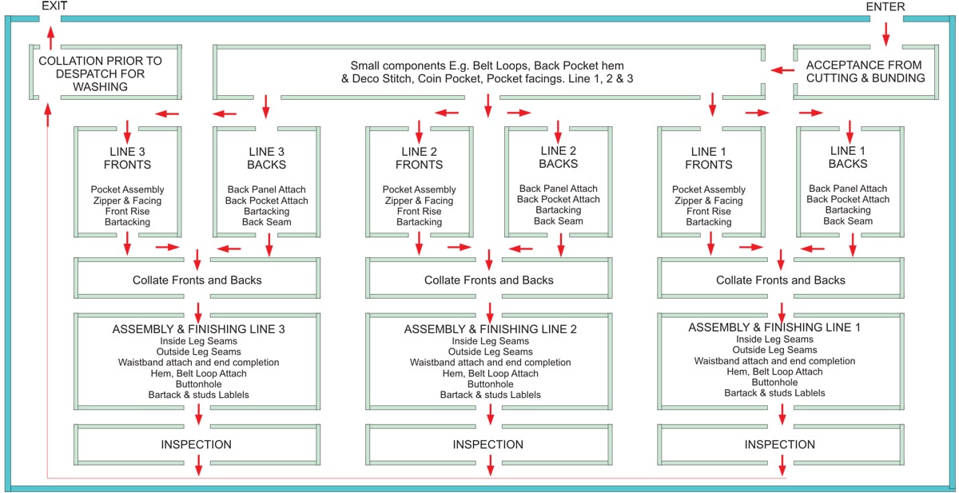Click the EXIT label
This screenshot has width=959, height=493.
[x=54, y=6]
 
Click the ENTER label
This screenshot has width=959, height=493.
[x=885, y=6]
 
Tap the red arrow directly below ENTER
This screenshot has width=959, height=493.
[x=885, y=34]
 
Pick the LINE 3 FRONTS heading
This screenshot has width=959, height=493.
[x=127, y=158]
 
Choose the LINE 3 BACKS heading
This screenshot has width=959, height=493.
[x=266, y=158]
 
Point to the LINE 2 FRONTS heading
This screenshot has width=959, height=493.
[x=419, y=158]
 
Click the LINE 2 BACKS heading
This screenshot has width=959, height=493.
[x=559, y=157]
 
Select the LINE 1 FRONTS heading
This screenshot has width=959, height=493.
[x=709, y=158]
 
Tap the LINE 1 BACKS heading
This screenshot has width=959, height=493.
[x=848, y=157]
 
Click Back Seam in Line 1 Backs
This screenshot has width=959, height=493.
[x=848, y=221]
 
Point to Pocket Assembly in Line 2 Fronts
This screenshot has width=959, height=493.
[x=419, y=189]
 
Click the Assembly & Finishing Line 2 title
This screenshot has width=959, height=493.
[x=490, y=328]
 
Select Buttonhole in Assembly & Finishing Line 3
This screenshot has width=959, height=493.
[x=199, y=384]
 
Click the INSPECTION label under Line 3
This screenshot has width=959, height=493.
[x=196, y=444]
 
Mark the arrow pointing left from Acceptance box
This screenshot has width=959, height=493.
[x=782, y=70]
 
